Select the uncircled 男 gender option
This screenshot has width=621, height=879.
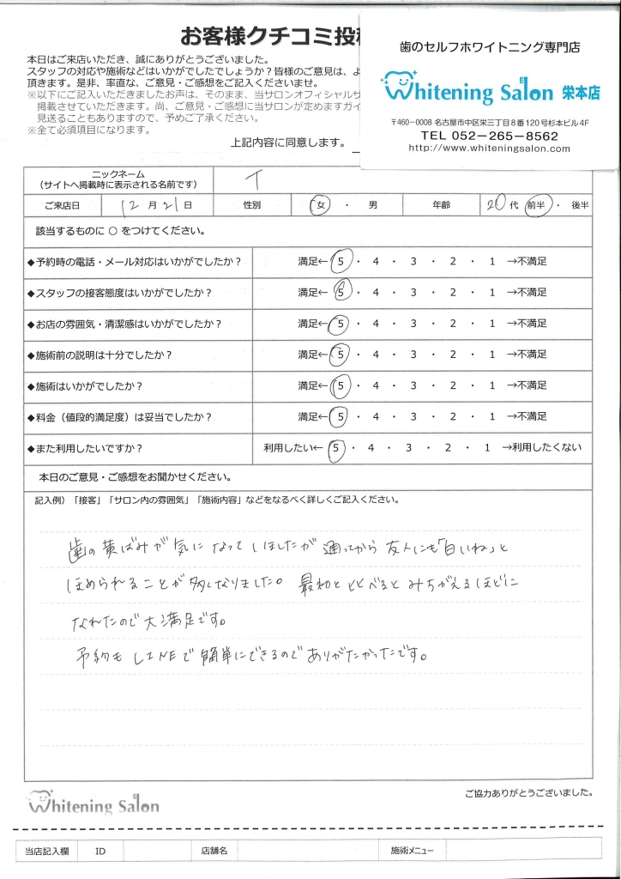tap(372, 206)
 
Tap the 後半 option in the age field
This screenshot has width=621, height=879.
tap(580, 206)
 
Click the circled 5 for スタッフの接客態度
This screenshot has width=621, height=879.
tap(341, 292)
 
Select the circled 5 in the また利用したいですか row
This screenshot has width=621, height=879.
tap(340, 447)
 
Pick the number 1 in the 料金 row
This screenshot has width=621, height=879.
tap(491, 416)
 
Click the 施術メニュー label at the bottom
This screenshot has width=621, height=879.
tap(413, 851)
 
